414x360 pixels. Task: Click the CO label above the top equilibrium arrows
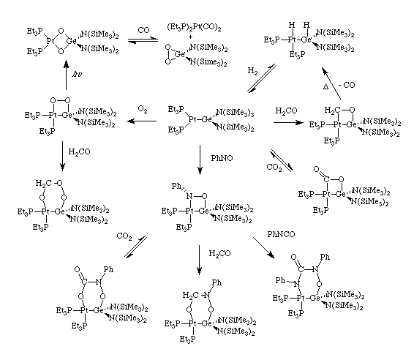click(x=143, y=30)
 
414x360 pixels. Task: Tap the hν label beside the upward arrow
click(x=77, y=74)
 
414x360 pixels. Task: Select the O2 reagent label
click(x=143, y=109)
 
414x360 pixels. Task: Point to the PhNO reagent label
click(x=222, y=158)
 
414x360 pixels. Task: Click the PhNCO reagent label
click(x=281, y=234)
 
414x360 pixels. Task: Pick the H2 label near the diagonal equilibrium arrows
click(x=252, y=71)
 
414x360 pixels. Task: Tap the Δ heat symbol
click(x=325, y=86)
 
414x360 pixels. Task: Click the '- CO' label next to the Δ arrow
click(x=347, y=85)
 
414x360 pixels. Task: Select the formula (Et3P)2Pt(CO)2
click(x=194, y=27)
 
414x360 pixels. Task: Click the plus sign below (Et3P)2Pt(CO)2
click(x=191, y=37)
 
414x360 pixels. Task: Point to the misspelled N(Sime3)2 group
click(x=208, y=62)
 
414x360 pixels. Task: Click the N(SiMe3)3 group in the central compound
click(x=235, y=113)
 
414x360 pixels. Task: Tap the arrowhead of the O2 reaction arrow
click(x=130, y=121)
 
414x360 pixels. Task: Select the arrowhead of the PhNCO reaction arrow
click(x=271, y=255)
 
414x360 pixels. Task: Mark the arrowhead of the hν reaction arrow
click(x=66, y=64)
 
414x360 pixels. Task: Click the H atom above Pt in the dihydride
click(x=292, y=25)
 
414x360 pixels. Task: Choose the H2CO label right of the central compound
click(x=286, y=110)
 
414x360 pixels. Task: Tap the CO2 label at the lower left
click(x=124, y=236)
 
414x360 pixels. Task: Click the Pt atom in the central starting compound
click(x=193, y=120)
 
